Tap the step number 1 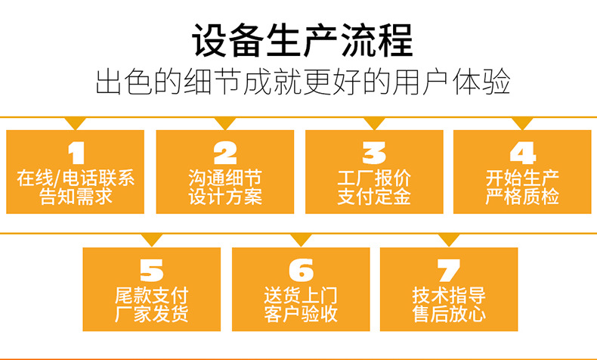click(76, 154)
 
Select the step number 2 click(225, 154)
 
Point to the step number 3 click(373, 154)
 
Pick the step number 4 click(522, 154)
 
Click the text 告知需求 click(76, 197)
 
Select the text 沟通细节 click(225, 179)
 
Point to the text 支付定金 click(373, 197)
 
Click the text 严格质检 click(522, 197)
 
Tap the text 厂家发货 click(151, 313)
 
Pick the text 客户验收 click(301, 313)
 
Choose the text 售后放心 click(448, 313)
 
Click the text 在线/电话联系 click(76, 179)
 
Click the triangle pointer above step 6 click(301, 240)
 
